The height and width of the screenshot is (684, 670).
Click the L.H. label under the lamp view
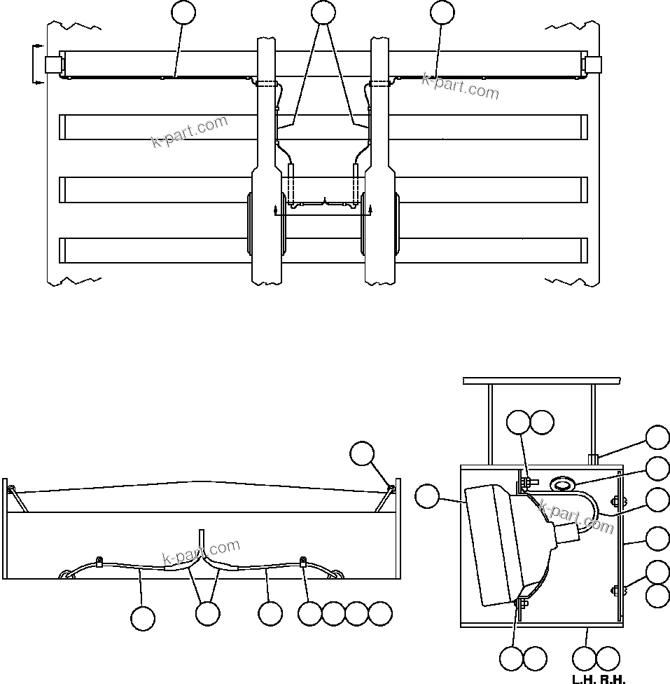tap(582, 679)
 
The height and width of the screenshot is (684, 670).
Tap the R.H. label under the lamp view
tap(612, 679)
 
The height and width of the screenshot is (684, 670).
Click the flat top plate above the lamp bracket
tap(541, 381)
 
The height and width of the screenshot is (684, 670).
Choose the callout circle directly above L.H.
tap(584, 658)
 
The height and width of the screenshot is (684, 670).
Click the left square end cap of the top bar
tap(53, 64)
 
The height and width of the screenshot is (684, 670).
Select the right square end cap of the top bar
tap(592, 64)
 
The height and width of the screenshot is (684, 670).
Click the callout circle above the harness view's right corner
tap(362, 453)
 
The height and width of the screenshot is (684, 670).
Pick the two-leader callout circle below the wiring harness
tap(207, 613)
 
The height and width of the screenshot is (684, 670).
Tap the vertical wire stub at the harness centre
tap(202, 540)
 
